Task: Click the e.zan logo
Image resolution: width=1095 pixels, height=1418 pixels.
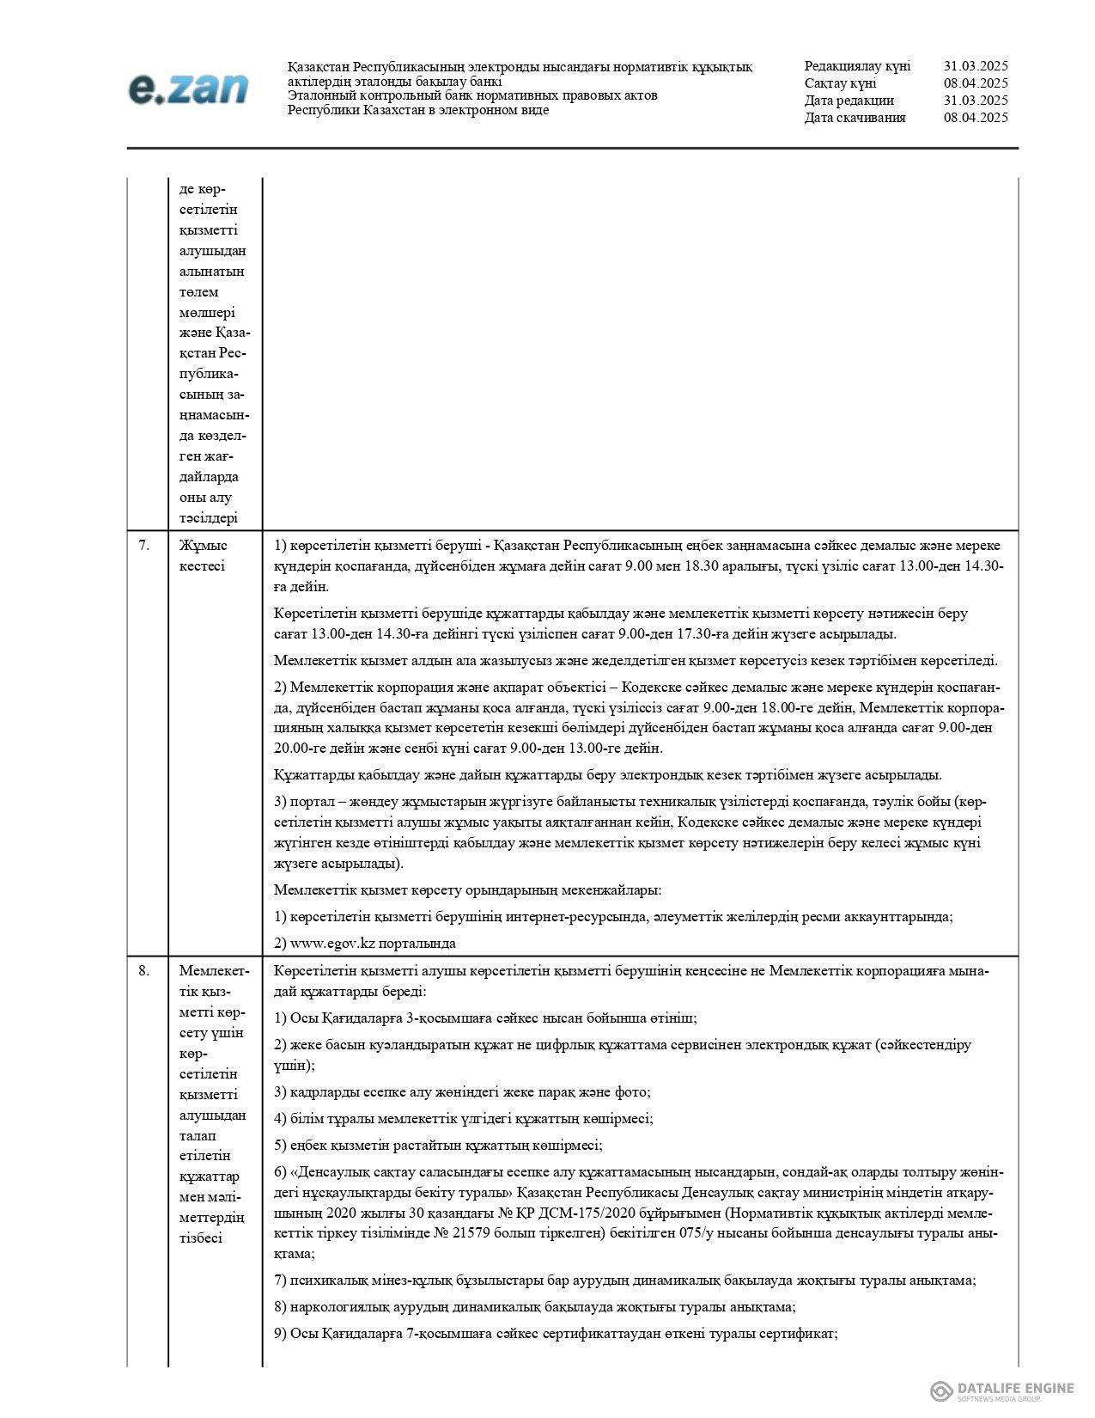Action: [188, 89]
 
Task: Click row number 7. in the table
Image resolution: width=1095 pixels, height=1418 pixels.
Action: [144, 545]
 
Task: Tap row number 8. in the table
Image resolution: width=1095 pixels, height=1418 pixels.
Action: [144, 970]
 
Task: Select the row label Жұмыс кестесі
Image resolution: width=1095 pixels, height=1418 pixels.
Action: [203, 555]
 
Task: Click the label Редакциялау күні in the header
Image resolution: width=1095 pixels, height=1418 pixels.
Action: [857, 66]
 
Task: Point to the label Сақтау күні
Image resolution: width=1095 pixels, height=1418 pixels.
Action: [840, 83]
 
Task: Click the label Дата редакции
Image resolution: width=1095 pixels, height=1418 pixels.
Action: [849, 101]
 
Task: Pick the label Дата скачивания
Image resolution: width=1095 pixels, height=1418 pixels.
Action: [855, 118]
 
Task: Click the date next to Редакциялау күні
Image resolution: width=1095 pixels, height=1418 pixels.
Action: [976, 66]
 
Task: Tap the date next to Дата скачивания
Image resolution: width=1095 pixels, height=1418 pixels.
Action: [976, 118]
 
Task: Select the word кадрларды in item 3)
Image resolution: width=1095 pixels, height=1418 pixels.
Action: [321, 1092]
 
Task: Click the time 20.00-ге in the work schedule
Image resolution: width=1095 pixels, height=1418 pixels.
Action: [301, 748]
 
